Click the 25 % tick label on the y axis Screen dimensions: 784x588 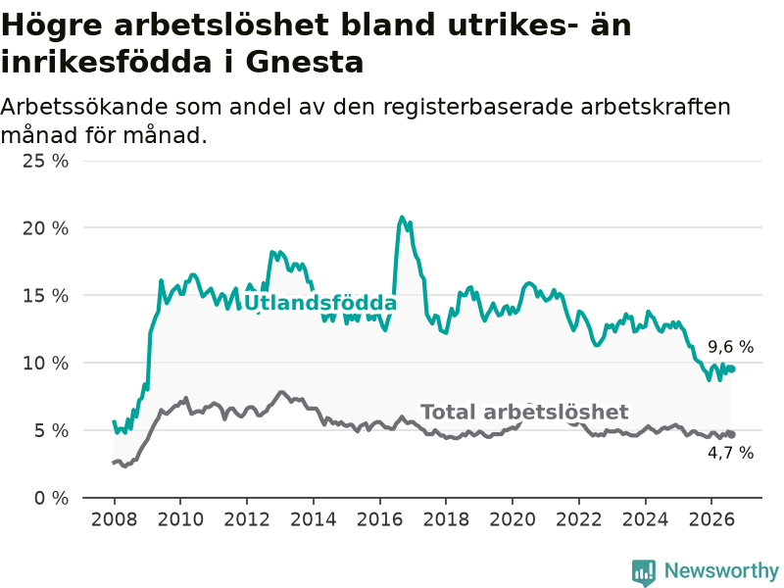45,161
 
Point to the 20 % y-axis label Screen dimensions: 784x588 45,228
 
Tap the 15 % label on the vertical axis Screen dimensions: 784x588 45,296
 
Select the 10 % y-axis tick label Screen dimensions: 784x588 45,363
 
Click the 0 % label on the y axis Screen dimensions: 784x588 52,498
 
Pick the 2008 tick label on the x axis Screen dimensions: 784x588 114,519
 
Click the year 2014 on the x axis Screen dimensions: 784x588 314,519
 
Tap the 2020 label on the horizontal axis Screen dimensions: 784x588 513,519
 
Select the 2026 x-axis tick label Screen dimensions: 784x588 711,519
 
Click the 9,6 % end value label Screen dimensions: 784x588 730,347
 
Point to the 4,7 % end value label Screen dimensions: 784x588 730,453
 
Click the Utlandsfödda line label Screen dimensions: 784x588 319,303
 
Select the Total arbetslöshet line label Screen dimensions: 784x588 524,412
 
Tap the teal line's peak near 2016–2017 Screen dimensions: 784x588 402,217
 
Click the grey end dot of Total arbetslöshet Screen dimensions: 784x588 731,434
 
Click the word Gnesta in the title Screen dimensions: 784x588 304,63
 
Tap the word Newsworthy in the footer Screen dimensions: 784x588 721,570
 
